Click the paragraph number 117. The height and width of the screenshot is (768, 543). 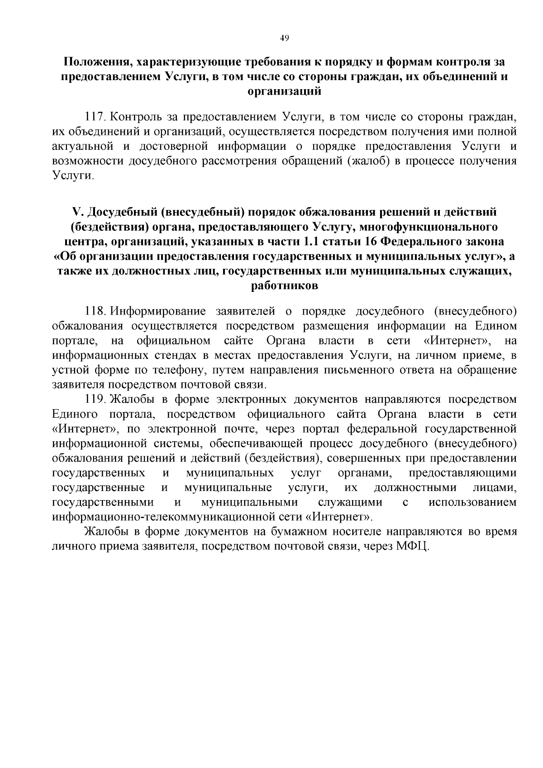[x=95, y=117]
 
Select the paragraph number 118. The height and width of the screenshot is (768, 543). [x=95, y=311]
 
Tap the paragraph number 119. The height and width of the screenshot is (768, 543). [x=95, y=400]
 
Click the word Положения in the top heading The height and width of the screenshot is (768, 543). [x=91, y=62]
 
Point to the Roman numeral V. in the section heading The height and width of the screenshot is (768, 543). [x=78, y=212]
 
